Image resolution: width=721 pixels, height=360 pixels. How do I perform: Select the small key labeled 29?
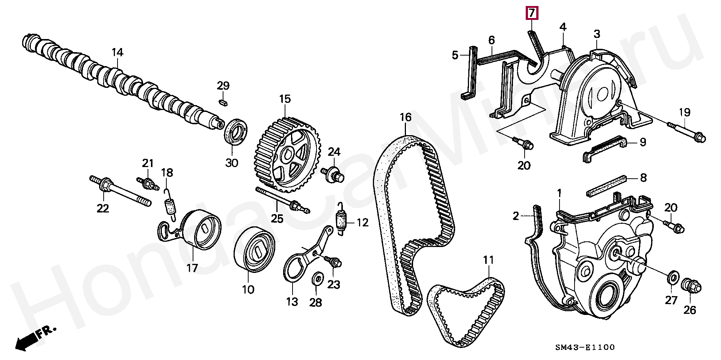[x=223, y=102]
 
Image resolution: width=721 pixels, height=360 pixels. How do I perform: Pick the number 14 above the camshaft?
[x=117, y=53]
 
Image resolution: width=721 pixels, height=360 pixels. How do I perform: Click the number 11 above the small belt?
[x=489, y=260]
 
